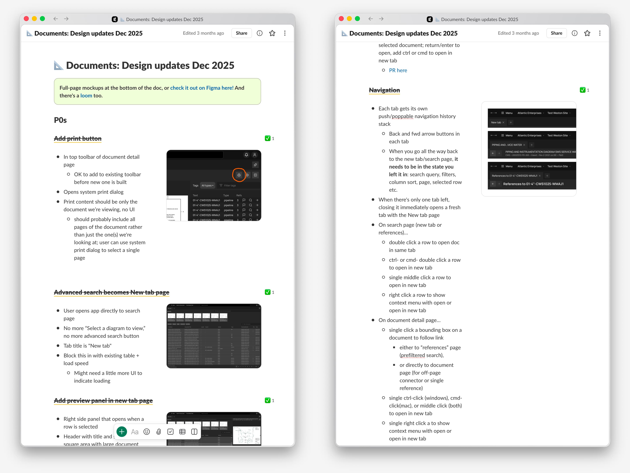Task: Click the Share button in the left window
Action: pos(241,33)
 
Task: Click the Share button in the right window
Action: pos(556,33)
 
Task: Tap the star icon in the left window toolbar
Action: pos(272,33)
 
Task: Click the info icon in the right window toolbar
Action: pos(574,33)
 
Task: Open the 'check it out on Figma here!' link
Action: pos(202,88)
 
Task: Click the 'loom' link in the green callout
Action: pos(86,95)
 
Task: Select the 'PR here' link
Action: pos(398,70)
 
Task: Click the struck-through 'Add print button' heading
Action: pos(78,138)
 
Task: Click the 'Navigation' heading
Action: pos(384,90)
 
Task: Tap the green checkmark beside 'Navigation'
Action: pos(583,90)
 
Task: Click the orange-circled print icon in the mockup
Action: pos(239,175)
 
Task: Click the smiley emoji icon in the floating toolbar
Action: pos(147,432)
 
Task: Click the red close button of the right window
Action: pos(341,19)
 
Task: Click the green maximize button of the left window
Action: pos(42,19)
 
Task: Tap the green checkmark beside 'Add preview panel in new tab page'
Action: pos(268,400)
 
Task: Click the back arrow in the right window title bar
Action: pos(371,19)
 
